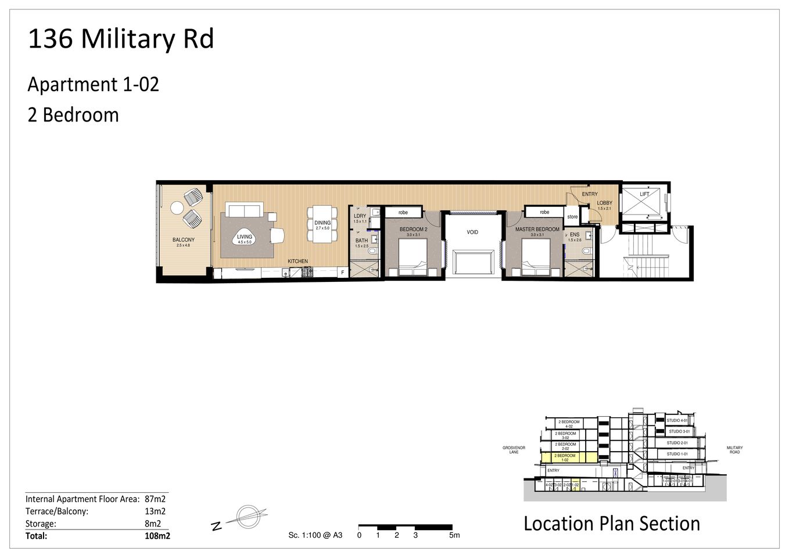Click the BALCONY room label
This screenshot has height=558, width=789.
click(x=184, y=240)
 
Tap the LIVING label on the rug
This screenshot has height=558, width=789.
click(x=245, y=237)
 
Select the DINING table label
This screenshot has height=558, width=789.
click(x=322, y=223)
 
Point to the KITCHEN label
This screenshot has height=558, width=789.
click(x=297, y=262)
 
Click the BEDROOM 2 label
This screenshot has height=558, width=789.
click(x=413, y=230)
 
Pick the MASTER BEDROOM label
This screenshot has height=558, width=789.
click(x=537, y=230)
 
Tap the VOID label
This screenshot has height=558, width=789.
click(x=472, y=233)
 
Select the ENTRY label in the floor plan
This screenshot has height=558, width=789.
click(x=590, y=194)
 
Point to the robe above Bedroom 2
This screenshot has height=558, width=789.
click(x=403, y=213)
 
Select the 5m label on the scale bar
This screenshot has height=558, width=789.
click(x=454, y=535)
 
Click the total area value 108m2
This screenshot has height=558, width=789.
click(x=157, y=536)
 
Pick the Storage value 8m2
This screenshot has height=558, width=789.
click(x=153, y=524)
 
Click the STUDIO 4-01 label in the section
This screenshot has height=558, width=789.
click(x=677, y=420)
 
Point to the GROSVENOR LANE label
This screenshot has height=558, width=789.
click(x=514, y=450)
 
